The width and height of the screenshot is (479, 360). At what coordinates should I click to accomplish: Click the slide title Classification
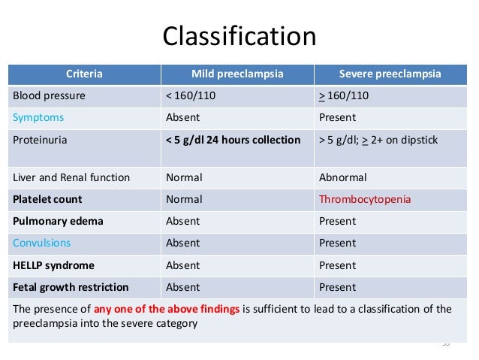click(x=239, y=37)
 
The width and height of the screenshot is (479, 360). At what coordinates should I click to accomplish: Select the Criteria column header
click(x=84, y=74)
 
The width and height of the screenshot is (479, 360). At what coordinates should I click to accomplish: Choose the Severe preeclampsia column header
click(x=390, y=74)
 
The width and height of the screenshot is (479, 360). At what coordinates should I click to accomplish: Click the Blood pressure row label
click(x=49, y=96)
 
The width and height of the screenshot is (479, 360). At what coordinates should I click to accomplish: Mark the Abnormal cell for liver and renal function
click(x=342, y=178)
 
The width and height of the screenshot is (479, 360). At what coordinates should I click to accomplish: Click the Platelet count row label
click(x=47, y=200)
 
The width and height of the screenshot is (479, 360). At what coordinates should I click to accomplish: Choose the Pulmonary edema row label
click(x=58, y=222)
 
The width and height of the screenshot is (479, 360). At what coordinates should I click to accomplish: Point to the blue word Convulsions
click(x=42, y=244)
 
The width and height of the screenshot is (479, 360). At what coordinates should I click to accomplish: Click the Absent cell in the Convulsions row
click(x=182, y=244)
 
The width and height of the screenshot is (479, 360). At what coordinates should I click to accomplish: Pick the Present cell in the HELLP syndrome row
click(x=337, y=265)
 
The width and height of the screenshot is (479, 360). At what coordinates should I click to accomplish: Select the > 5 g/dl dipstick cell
click(x=379, y=140)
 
